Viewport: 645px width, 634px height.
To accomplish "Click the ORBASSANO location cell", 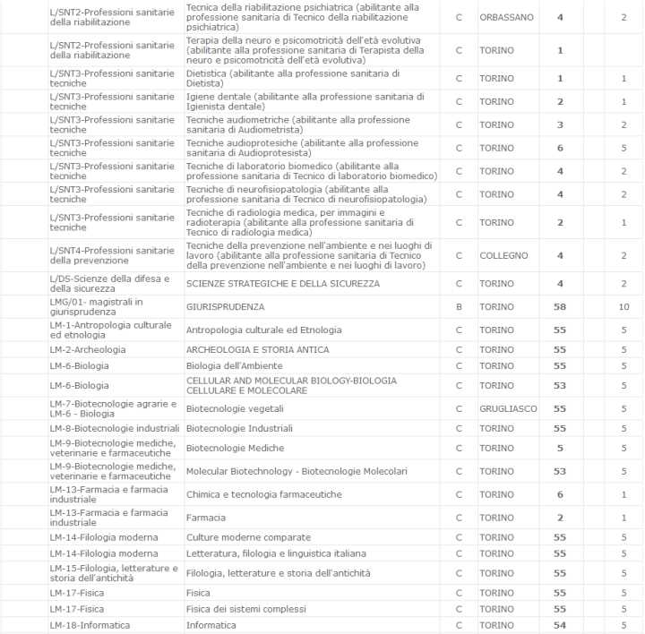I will click(x=506, y=17).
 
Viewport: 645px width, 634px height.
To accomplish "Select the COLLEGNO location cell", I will click(x=503, y=255).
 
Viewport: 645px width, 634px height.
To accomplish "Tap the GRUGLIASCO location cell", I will click(x=508, y=408).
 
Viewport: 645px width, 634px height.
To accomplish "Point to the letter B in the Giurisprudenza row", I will click(x=459, y=306).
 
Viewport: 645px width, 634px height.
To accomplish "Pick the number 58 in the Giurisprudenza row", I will click(x=560, y=306).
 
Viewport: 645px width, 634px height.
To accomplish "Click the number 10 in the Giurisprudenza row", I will click(x=623, y=306).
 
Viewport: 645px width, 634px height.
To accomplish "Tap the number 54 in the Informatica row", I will click(x=560, y=625).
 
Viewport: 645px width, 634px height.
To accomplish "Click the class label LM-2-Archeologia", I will click(x=88, y=349).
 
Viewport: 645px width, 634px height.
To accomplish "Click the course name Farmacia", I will click(x=205, y=518).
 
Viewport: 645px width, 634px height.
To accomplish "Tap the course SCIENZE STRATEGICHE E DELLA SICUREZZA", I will click(x=282, y=284).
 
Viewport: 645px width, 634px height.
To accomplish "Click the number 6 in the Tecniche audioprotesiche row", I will click(x=560, y=148).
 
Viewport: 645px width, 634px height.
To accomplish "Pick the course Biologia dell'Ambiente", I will click(x=234, y=365).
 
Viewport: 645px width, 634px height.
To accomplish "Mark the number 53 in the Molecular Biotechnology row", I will click(x=560, y=471).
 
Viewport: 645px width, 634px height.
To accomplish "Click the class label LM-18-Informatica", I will click(x=90, y=625).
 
